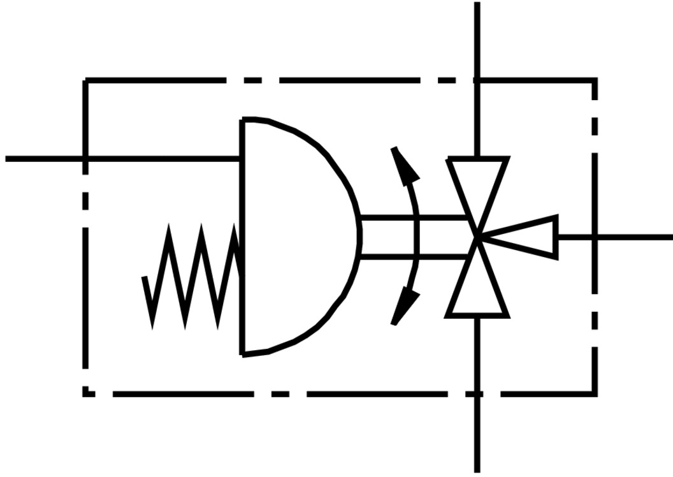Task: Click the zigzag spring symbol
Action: pos(191,275)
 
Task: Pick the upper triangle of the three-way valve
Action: pos(478,185)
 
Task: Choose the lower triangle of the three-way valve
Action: pos(478,291)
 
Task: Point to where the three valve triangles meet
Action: pos(478,237)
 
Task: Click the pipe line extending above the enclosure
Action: pos(477,38)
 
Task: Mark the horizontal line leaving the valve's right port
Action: pos(631,237)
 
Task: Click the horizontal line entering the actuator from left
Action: pos(159,158)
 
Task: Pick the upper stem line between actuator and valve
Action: pos(414,218)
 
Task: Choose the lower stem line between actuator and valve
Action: pos(414,256)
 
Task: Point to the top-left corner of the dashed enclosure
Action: pos(85,81)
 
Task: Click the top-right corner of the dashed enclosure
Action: pos(595,81)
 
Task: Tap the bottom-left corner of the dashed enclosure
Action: pos(85,394)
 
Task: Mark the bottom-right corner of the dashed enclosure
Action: pos(595,394)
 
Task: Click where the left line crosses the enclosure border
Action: pos(85,158)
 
